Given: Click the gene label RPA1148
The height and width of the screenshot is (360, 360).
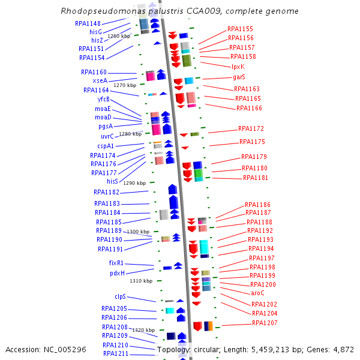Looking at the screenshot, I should [x=88, y=23].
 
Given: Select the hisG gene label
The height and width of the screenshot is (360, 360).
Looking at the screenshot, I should [x=96, y=32].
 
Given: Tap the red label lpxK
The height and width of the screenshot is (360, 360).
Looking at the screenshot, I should [x=238, y=67].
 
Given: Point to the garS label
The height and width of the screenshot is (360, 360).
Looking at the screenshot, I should [x=239, y=77].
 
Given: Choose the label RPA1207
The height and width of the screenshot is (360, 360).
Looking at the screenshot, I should [x=265, y=323].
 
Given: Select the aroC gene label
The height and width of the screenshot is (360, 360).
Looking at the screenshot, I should [x=257, y=293].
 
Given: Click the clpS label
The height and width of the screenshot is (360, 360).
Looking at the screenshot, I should [x=121, y=296].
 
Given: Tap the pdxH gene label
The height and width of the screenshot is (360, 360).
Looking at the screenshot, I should [x=117, y=273].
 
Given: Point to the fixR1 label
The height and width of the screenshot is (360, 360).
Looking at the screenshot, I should [x=116, y=263].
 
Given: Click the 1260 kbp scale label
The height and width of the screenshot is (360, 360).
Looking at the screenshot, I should [x=119, y=36].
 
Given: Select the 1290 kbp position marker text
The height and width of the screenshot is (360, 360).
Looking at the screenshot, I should [x=134, y=183].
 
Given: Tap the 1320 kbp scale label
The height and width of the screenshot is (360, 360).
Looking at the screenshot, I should [x=143, y=330].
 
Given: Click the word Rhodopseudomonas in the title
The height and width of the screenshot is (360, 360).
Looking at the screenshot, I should [x=100, y=11].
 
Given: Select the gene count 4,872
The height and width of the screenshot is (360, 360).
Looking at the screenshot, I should [x=343, y=349].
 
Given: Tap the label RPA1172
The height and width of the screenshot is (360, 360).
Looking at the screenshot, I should [x=251, y=128].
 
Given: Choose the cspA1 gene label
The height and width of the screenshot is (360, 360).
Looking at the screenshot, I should [x=106, y=146].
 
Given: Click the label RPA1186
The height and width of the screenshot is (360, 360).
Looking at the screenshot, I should [x=257, y=205].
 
